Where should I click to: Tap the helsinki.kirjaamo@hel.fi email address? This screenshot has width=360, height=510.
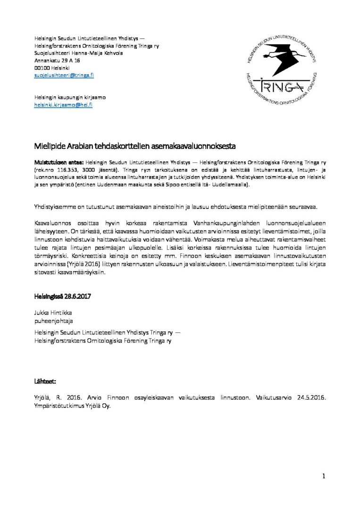click(63, 105)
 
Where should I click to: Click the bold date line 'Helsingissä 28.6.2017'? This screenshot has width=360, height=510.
click(62, 297)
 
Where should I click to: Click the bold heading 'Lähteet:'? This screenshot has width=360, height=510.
click(46, 380)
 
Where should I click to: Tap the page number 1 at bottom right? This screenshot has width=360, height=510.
click(324, 476)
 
